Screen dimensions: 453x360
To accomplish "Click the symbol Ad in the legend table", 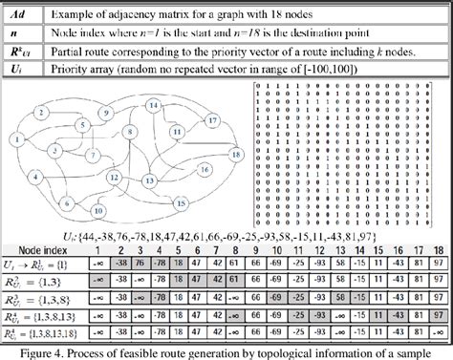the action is coord(20,11).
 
